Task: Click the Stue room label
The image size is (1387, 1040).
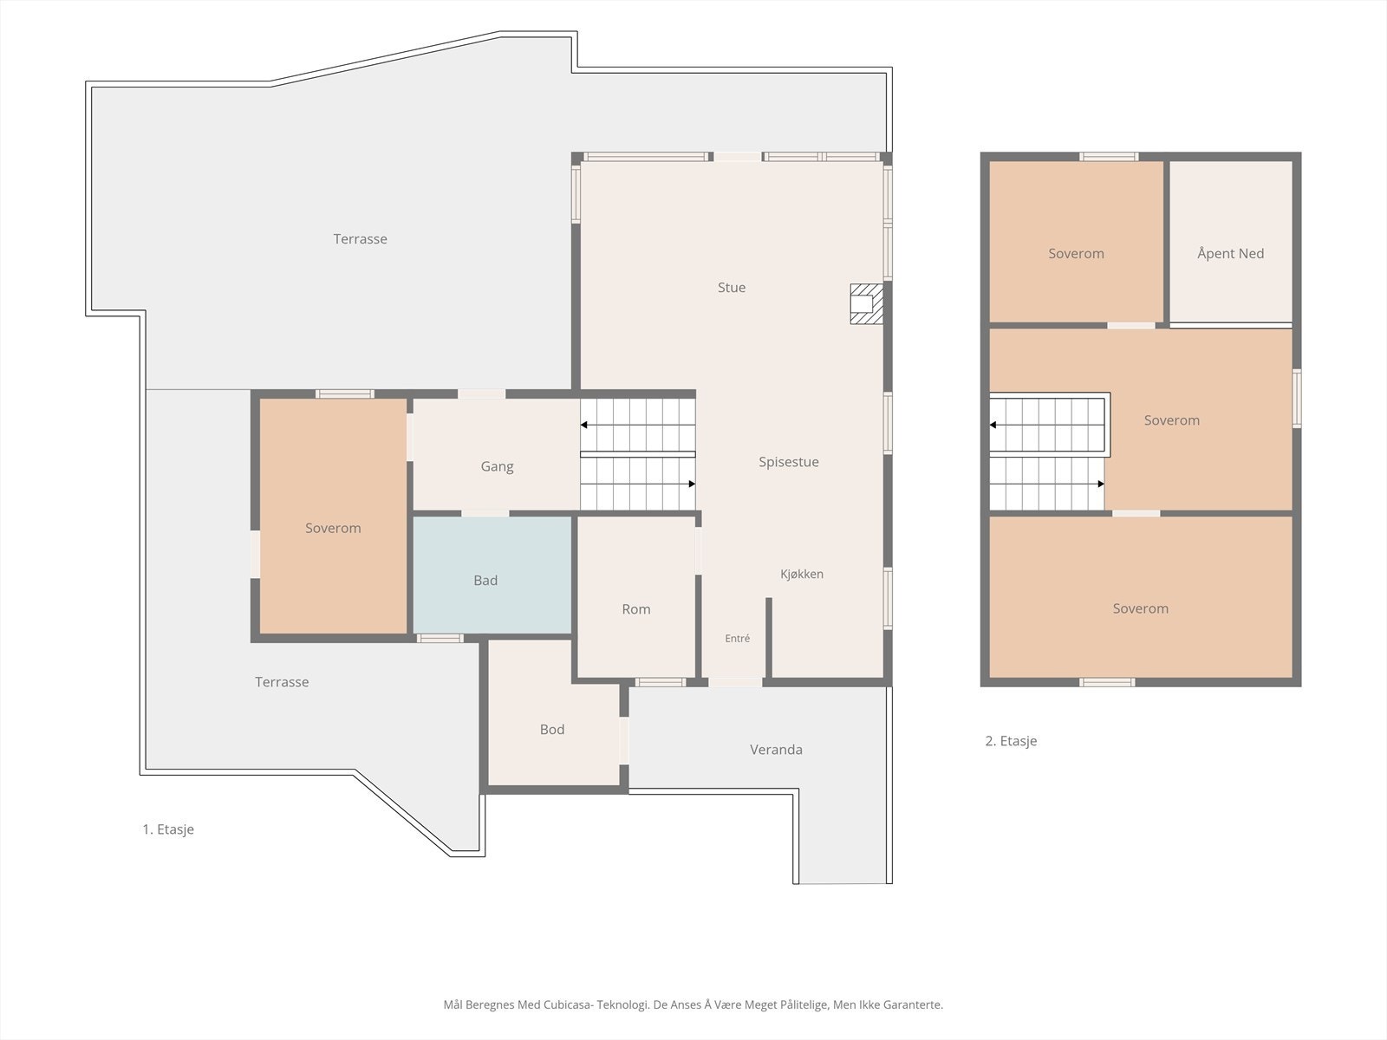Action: pyautogui.click(x=731, y=288)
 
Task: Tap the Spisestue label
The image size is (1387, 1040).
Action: pyautogui.click(x=789, y=462)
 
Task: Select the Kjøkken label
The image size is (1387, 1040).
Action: pyautogui.click(x=801, y=574)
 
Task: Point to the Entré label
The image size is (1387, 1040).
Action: pyautogui.click(x=738, y=639)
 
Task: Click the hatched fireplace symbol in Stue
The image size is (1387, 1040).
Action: pyautogui.click(x=866, y=303)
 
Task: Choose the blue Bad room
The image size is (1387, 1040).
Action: pyautogui.click(x=492, y=575)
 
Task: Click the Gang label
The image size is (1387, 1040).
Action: pyautogui.click(x=497, y=466)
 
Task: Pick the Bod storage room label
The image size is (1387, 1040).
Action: pyautogui.click(x=551, y=730)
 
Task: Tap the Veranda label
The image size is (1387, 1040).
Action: pyautogui.click(x=776, y=750)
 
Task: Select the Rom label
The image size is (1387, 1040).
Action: pyautogui.click(x=635, y=609)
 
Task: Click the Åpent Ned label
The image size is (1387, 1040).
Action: pyautogui.click(x=1230, y=253)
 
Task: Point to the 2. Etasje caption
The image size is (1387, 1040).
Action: pyautogui.click(x=1011, y=741)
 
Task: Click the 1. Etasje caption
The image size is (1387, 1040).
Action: pyautogui.click(x=168, y=829)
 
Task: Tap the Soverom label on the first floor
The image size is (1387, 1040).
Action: pyautogui.click(x=333, y=528)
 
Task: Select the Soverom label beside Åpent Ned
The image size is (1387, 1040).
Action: pyautogui.click(x=1076, y=254)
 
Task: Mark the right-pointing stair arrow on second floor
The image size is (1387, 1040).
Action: pyautogui.click(x=1047, y=484)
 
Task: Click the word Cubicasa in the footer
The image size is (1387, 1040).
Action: pyautogui.click(x=568, y=1004)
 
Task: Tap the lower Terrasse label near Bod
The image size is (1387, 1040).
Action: pyautogui.click(x=282, y=682)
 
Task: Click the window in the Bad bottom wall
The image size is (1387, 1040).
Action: pyautogui.click(x=440, y=639)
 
